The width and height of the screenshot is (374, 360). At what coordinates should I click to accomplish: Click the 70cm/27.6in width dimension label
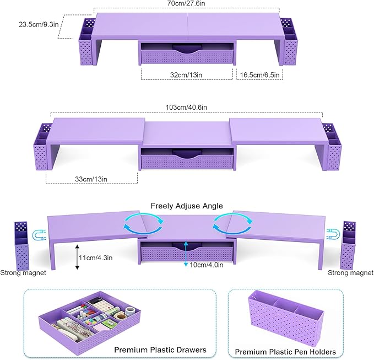pos(187,4)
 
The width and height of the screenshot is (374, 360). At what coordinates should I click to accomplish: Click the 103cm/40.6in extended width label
pos(187,107)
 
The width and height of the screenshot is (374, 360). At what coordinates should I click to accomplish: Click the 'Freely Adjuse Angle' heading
pos(187,206)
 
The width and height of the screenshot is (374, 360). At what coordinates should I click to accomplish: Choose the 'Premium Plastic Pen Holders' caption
pos(285,351)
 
